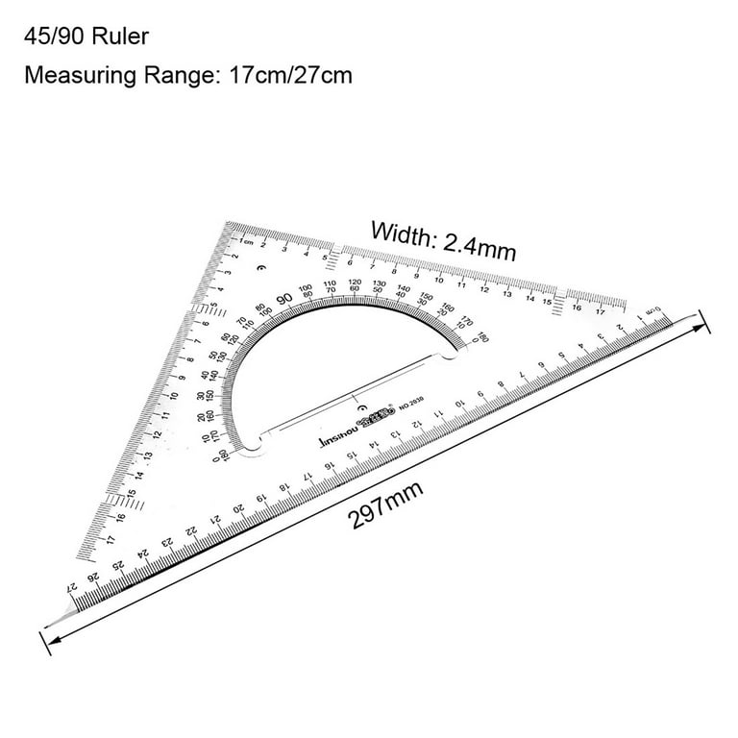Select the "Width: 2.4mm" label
pos(444,239)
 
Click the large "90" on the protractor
pos(283,298)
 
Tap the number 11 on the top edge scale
pos(461,284)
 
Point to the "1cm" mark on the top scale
pos(246,241)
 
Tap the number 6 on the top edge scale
pos(348,262)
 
